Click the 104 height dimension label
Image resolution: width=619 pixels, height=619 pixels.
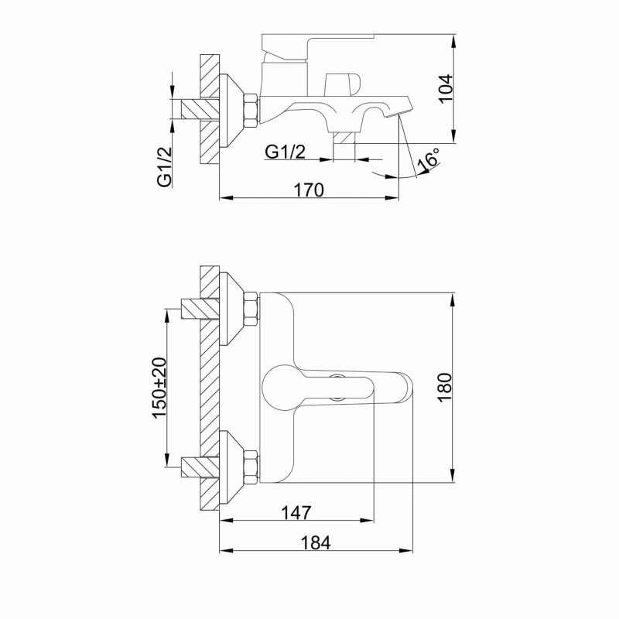446,88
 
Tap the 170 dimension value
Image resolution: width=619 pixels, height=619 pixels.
309,190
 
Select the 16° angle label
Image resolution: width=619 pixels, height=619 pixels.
428,160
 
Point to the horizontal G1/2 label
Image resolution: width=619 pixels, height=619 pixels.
285,152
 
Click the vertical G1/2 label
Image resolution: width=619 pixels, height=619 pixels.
165,166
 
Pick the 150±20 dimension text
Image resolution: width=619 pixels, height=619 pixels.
159,388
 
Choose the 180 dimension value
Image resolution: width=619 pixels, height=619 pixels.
444,388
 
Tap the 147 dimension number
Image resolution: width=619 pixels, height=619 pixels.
296,513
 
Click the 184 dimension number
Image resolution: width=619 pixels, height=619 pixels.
316,543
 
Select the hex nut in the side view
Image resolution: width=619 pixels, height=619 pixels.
251,110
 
